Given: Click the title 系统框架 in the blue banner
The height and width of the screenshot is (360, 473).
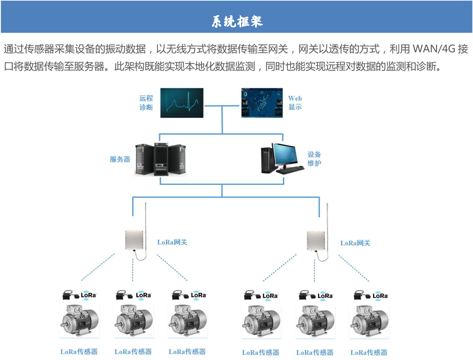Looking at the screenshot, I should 237,21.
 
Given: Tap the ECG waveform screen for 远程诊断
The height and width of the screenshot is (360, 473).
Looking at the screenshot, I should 182,103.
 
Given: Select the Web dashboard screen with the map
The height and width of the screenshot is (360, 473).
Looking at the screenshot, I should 262,103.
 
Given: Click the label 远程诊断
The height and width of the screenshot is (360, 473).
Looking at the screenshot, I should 146,103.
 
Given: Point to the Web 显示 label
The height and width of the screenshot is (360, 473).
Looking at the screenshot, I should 295,103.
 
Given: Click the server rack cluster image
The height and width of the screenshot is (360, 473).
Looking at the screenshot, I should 161,159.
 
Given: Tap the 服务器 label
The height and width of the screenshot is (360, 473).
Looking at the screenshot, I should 120,159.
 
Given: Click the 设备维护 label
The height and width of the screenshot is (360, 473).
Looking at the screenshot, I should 314,159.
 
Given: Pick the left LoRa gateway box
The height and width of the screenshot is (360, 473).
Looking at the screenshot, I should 134,240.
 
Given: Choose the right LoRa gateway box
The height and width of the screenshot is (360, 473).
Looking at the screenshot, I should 316,241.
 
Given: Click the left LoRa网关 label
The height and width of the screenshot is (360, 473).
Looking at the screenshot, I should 172,242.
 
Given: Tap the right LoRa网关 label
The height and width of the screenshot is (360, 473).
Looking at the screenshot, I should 355,243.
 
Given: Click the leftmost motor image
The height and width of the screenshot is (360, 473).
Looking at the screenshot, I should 79,321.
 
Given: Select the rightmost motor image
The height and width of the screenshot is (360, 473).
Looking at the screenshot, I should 369,321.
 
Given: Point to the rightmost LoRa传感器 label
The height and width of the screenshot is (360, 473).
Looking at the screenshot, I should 369,352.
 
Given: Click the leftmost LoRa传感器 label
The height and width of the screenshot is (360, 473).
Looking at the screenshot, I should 79,352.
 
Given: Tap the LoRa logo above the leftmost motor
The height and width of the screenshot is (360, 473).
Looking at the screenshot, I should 88,295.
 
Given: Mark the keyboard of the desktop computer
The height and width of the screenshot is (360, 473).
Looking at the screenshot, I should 290,170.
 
